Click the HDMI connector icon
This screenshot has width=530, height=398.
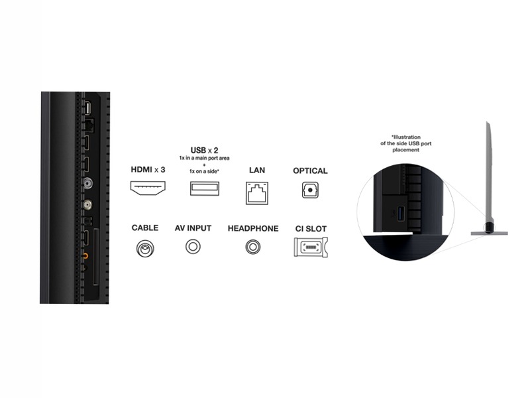tap(148, 188)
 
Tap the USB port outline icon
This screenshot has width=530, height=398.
tap(205, 188)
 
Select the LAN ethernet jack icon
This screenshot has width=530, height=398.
tap(257, 193)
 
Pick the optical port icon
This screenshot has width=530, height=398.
tap(310, 190)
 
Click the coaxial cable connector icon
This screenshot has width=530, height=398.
tap(145, 249)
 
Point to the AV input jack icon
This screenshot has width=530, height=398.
tap(193, 246)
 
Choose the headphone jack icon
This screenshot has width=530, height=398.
tap(253, 247)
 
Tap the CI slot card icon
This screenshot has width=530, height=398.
tap(311, 247)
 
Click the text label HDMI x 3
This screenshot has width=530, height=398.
tap(148, 170)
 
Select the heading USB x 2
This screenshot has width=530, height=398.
tap(205, 150)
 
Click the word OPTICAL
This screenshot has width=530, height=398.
tap(310, 170)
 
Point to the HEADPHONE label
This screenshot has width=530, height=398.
tap(253, 228)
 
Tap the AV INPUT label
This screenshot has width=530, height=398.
tap(193, 228)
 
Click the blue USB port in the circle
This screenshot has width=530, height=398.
tap(401, 212)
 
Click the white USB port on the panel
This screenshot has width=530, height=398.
tap(87, 108)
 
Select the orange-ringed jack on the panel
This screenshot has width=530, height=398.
tap(85, 256)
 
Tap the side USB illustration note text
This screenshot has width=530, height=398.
tap(406, 143)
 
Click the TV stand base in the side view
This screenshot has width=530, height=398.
tap(490, 233)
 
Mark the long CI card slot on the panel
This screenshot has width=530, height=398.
tap(96, 257)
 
